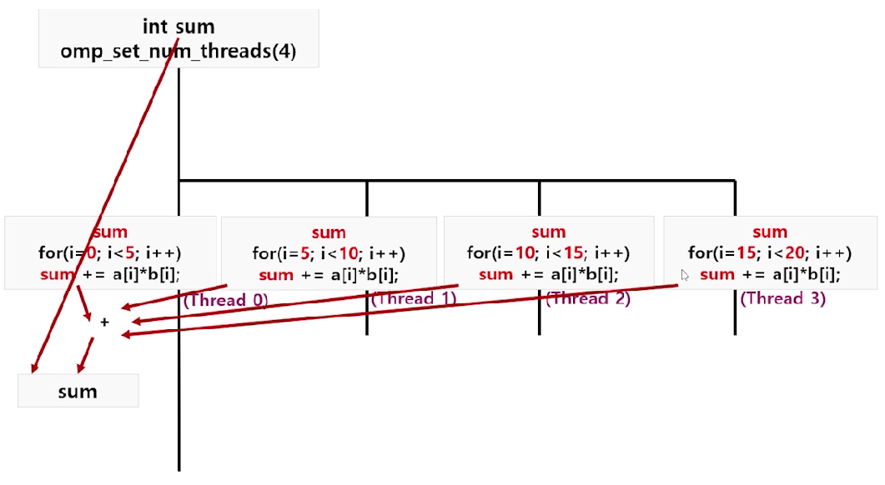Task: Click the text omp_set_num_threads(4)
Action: [x=179, y=52]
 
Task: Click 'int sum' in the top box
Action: [x=179, y=27]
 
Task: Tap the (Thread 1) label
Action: [x=415, y=299]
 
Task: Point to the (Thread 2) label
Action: [x=588, y=298]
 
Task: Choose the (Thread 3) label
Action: [x=782, y=298]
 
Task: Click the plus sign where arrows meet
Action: [x=104, y=322]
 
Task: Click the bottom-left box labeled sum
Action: [x=78, y=391]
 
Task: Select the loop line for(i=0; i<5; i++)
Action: [x=109, y=253]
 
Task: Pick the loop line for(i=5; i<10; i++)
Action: [x=329, y=253]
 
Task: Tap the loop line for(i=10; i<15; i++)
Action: [x=548, y=253]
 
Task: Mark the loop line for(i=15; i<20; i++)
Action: [x=769, y=253]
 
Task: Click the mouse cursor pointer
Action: [x=684, y=274]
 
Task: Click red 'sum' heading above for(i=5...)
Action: [x=329, y=232]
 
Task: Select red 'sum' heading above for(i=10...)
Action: [x=548, y=232]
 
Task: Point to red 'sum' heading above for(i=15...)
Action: [x=769, y=232]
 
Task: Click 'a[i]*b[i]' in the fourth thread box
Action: [x=799, y=275]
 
